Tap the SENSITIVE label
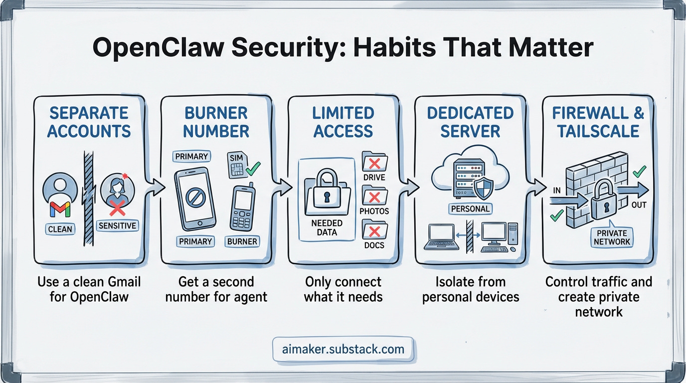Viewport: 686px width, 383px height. (x=117, y=225)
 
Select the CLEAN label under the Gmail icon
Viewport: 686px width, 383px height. (x=60, y=229)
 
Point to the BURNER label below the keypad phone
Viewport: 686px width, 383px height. (x=242, y=242)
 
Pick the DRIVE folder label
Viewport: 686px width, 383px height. (x=373, y=177)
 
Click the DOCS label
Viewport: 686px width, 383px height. (x=373, y=246)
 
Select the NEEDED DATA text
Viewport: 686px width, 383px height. (x=327, y=227)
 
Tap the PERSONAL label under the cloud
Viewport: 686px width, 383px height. (x=471, y=208)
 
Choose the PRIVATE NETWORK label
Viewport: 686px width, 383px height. (x=612, y=237)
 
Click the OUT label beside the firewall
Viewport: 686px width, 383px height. (x=639, y=205)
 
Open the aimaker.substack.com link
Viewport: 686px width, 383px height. (x=343, y=349)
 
